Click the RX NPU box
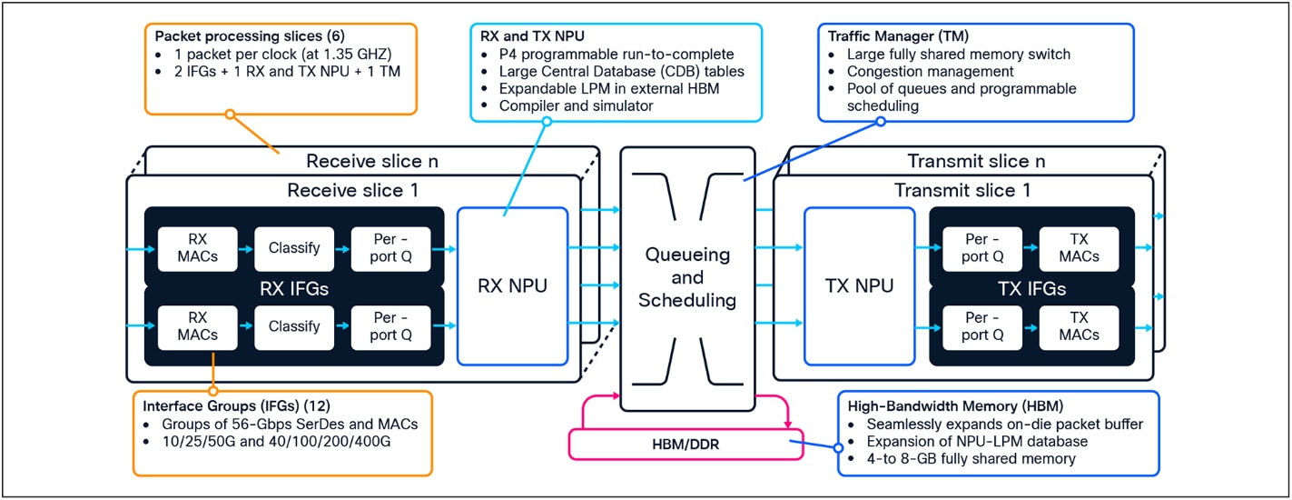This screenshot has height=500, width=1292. pos(512,286)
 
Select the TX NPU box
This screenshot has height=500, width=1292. pos(858,286)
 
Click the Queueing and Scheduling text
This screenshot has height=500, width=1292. pos(686,278)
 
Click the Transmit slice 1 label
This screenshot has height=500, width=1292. pos(962,191)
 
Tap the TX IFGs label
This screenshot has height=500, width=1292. pos(1031,290)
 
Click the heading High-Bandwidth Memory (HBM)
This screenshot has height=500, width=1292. pos(955,405)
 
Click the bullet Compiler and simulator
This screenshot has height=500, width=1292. pos(576,106)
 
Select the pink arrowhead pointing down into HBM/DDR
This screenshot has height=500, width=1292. pos(786,425)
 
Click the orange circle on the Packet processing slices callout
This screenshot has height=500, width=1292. pos(230,115)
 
